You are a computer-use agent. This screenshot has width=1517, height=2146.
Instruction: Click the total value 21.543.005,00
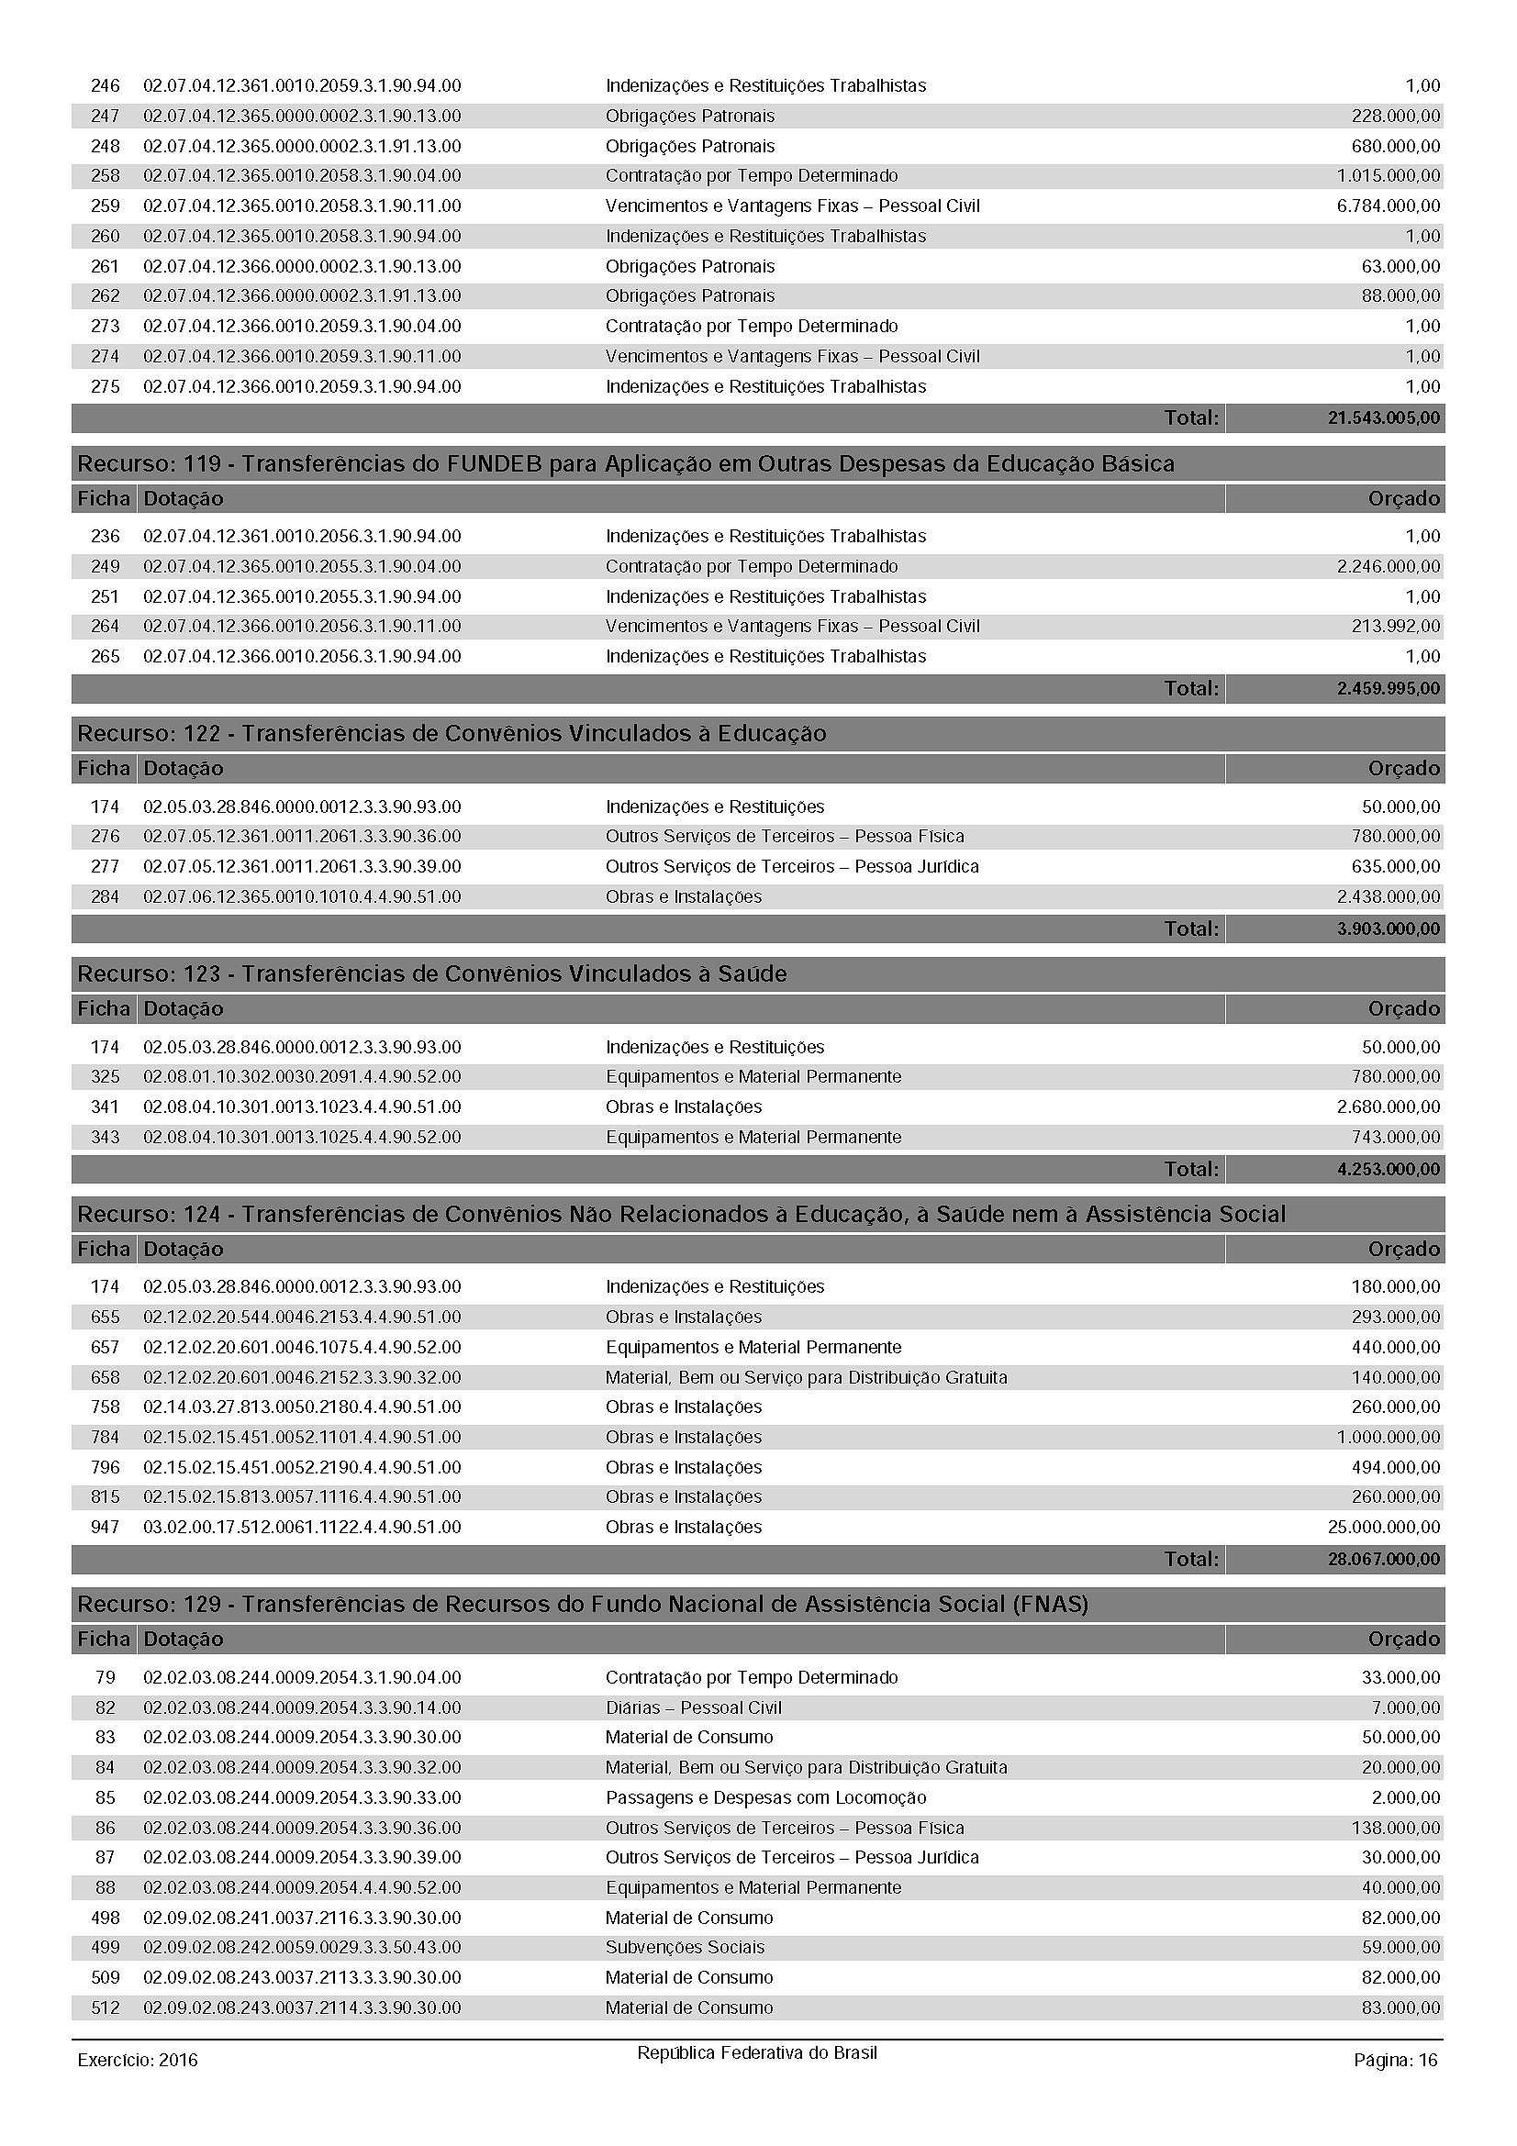click(1383, 417)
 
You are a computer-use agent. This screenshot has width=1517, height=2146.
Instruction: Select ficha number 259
click(105, 206)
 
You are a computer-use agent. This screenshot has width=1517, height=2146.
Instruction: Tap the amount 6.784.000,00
click(1388, 206)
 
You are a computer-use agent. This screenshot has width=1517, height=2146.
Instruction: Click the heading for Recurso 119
click(625, 463)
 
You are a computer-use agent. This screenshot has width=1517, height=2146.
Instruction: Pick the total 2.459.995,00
click(1388, 689)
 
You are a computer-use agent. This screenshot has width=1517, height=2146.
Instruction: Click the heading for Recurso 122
click(452, 734)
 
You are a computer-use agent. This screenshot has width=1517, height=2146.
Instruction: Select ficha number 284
click(105, 896)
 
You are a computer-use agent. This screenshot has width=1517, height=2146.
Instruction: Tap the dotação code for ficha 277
click(302, 866)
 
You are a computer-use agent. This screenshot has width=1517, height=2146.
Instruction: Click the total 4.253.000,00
click(1388, 1169)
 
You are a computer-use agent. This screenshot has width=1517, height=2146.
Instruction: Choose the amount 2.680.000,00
click(1388, 1106)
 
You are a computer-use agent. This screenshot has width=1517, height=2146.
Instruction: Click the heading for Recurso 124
click(681, 1214)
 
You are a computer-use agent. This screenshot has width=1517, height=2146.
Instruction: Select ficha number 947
click(105, 1528)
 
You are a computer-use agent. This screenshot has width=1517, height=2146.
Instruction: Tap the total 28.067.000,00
click(1383, 1559)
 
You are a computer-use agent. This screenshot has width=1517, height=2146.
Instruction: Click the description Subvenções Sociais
click(685, 1948)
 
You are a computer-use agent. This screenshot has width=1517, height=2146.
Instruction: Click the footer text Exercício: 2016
click(138, 2060)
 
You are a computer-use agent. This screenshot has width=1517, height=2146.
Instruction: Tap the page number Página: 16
click(1395, 2060)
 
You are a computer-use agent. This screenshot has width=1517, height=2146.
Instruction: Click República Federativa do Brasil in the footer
click(757, 2053)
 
